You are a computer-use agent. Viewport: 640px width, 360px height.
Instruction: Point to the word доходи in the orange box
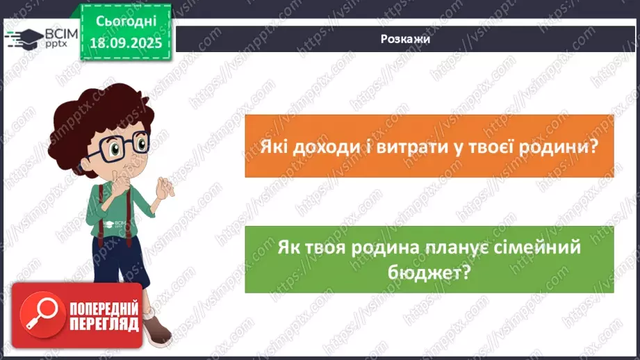[319, 148]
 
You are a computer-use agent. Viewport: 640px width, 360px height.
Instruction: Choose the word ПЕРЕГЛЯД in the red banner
[104, 324]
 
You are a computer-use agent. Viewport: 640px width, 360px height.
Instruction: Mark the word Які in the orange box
[272, 148]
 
